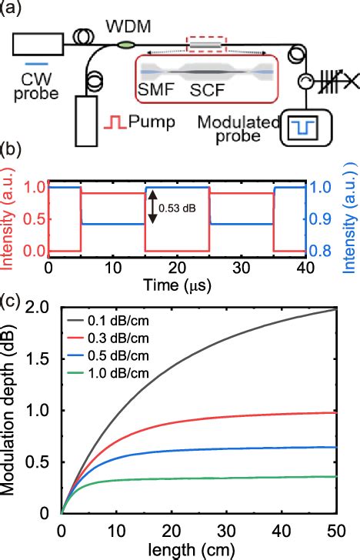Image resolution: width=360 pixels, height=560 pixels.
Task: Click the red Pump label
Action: pos(145,123)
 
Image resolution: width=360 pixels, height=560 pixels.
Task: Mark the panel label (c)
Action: pos(11,298)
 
